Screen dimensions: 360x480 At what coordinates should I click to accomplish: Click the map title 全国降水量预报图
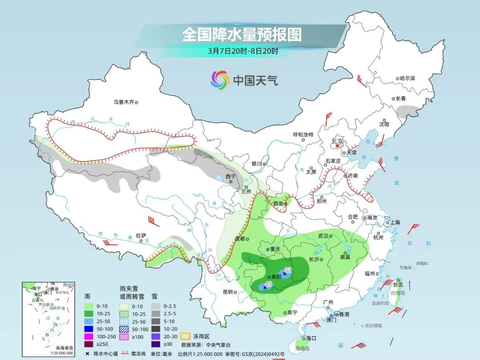tap(242, 34)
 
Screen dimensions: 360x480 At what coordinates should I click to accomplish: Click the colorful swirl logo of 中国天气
tap(220, 80)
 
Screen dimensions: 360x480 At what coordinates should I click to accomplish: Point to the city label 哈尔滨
tap(407, 78)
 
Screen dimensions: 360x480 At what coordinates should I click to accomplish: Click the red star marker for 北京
tap(337, 145)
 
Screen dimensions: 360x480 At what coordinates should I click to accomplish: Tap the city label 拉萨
tap(141, 236)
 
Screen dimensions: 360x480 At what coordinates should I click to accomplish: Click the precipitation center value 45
tap(268, 284)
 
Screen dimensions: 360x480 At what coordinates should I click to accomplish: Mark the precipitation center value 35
tap(288, 270)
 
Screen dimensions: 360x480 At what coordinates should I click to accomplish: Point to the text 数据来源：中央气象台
tap(206, 344)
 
